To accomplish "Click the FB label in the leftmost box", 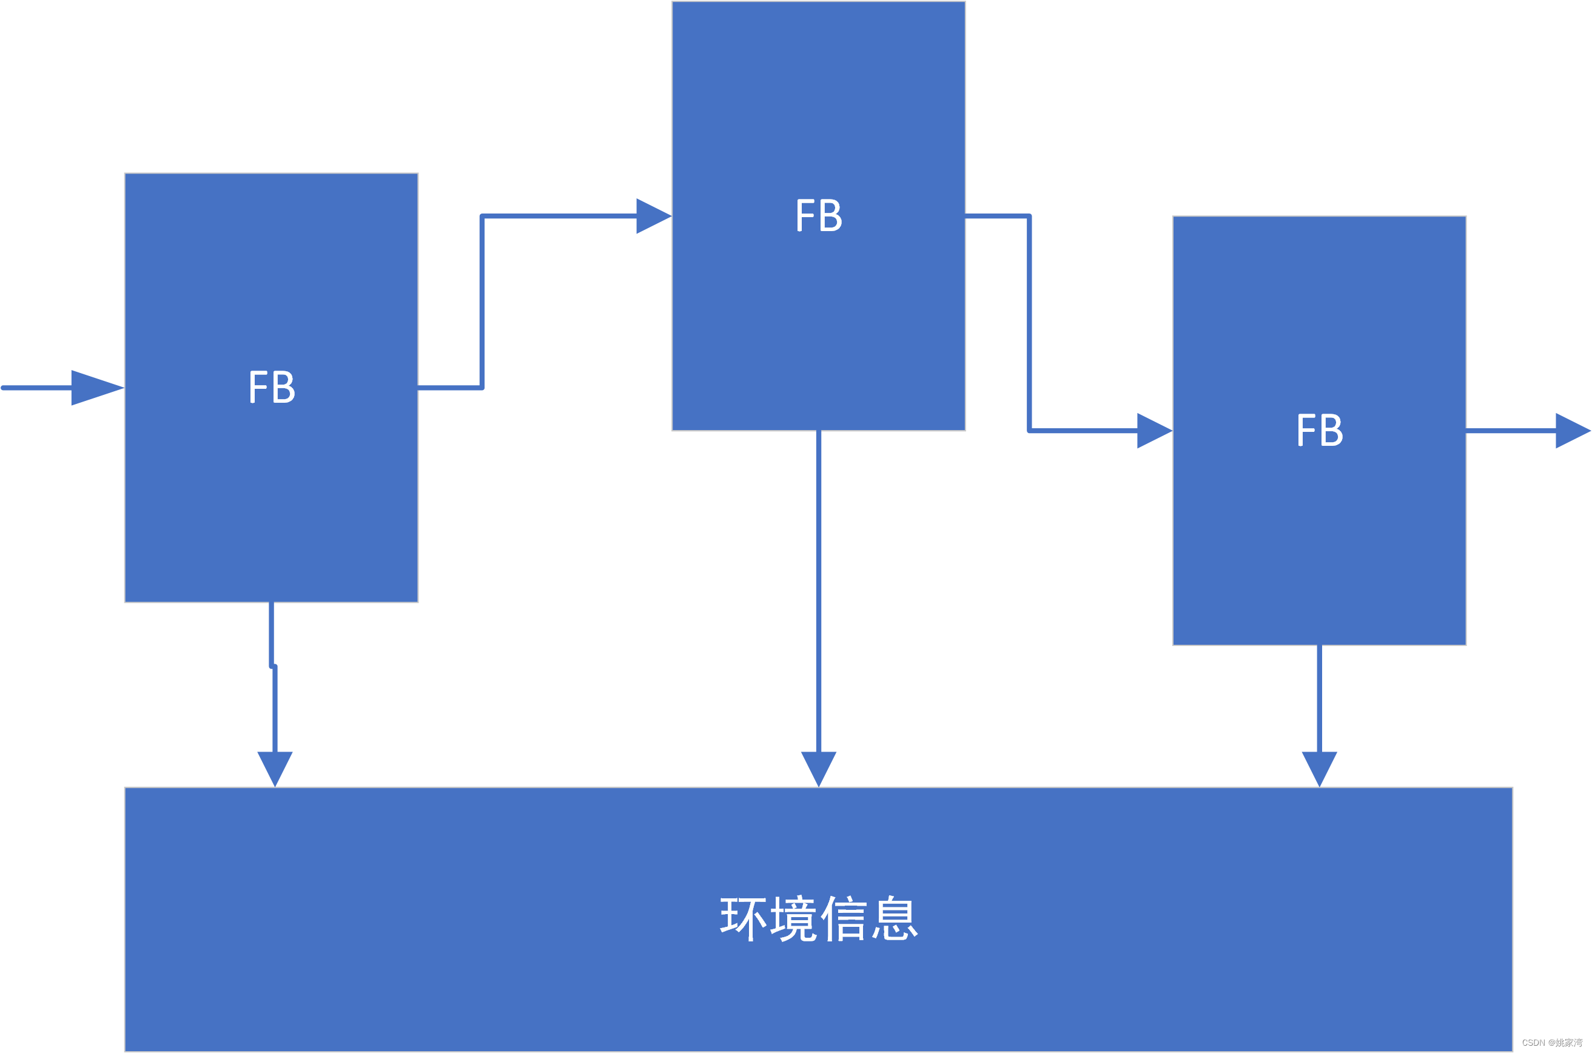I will tap(272, 387).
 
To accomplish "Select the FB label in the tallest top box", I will tap(819, 215).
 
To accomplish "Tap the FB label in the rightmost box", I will tap(1320, 430).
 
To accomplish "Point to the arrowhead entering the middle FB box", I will tap(652, 216).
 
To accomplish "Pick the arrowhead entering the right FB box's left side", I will tap(1153, 431).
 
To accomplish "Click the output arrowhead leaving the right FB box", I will tap(1571, 431).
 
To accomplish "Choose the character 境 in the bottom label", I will tap(794, 919).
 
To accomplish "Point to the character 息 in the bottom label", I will tap(895, 919).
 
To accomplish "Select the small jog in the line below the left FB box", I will tap(272, 666).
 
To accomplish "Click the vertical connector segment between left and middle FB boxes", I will tap(482, 302).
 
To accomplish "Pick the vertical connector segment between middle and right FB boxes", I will tap(1029, 323).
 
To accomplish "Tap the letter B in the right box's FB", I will tap(1331, 430).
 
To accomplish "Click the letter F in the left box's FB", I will tap(258, 387).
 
